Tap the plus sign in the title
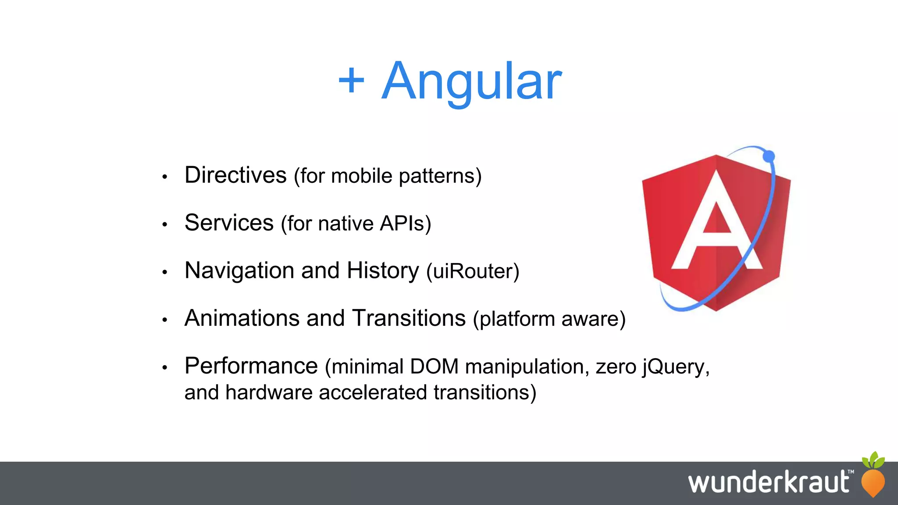351,81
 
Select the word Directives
235,175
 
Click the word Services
229,223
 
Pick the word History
383,270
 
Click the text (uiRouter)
473,271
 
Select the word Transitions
409,318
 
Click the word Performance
251,366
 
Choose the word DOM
434,366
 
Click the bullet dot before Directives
165,177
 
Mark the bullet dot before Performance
165,367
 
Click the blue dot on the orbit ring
769,156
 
